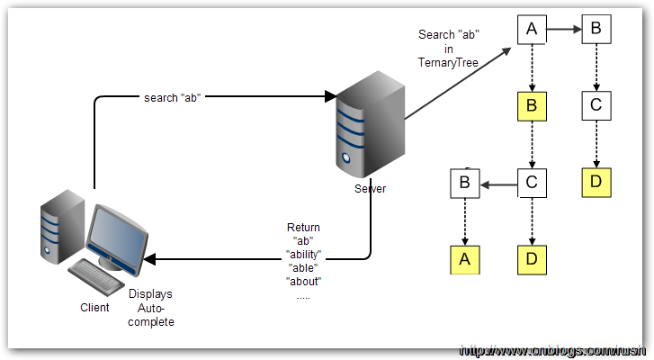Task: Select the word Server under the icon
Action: [x=370, y=187]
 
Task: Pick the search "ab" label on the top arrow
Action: [x=171, y=97]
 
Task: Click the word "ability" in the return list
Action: [x=303, y=255]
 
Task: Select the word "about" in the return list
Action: [x=303, y=282]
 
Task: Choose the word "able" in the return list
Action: [x=303, y=268]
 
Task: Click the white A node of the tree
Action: [x=532, y=30]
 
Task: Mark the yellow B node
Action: [x=532, y=106]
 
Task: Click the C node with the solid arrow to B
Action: [x=532, y=183]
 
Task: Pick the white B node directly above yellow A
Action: [x=464, y=183]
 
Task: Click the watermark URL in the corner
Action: [x=552, y=350]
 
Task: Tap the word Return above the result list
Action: [x=303, y=228]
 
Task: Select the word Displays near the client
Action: [x=150, y=294]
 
